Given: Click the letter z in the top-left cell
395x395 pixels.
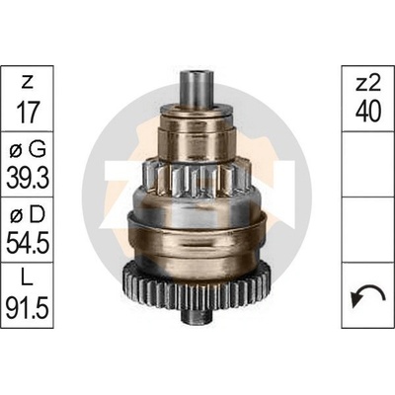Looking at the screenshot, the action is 27,84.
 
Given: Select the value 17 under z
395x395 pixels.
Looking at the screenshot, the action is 27,112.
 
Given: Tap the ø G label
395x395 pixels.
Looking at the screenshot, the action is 27,150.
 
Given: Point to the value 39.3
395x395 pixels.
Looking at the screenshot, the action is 28,178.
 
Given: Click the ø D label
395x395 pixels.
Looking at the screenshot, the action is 27,215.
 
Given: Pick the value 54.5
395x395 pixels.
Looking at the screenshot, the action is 28,244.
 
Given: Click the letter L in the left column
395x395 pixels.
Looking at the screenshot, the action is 27,279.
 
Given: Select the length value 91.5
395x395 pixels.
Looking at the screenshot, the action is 28,308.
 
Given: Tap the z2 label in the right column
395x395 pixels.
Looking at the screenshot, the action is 368,84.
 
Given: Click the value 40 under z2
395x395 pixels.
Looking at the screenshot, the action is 368,112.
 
